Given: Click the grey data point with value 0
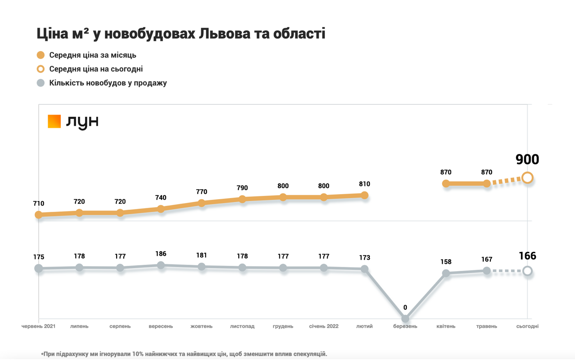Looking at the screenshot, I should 405,319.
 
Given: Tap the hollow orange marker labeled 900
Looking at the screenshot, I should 527,178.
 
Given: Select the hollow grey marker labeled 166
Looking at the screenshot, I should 527,271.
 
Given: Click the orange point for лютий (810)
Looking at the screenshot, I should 364,195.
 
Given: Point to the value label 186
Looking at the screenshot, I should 161,254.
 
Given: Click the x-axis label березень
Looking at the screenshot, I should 405,326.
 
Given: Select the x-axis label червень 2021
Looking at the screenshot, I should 38,326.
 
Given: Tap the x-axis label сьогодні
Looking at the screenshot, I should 527,326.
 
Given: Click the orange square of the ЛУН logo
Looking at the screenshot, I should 54,121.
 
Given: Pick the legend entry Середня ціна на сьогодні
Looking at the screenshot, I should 96,69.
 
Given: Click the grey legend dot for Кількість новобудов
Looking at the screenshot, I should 41,83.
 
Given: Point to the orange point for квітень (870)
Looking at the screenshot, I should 446,183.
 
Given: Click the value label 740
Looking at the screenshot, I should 161,197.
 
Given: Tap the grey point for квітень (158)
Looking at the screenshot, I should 446,273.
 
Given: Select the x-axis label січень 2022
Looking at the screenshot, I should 324,326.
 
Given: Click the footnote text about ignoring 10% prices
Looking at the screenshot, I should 184,354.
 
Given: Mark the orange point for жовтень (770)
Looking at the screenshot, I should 202,203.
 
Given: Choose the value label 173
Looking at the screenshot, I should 364,258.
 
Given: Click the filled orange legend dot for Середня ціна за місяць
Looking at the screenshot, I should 41,55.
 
